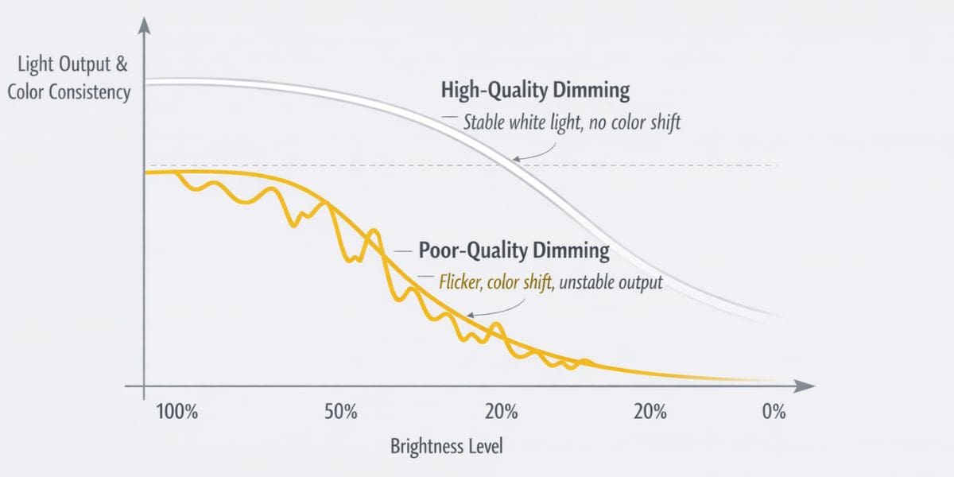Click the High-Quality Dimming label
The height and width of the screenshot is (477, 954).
(x=534, y=90)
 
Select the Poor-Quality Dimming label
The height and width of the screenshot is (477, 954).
(x=514, y=251)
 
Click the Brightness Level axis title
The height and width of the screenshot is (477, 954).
(x=446, y=446)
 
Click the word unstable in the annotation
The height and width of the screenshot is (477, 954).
(x=591, y=282)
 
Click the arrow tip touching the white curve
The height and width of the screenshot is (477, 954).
(x=514, y=159)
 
